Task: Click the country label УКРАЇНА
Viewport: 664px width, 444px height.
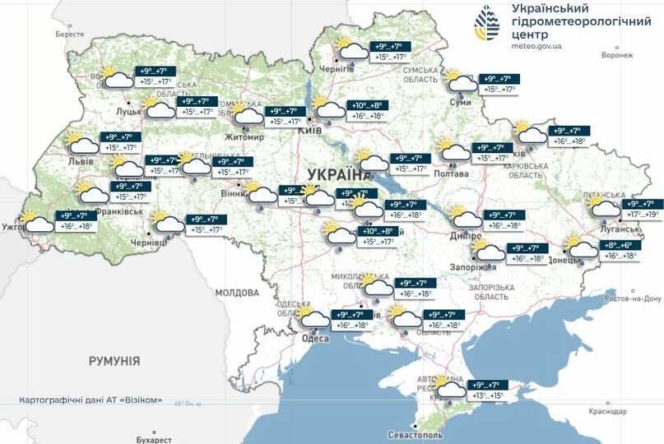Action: (338, 174)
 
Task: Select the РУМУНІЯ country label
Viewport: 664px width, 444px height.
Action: (114, 361)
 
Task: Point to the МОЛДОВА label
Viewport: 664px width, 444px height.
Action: (237, 293)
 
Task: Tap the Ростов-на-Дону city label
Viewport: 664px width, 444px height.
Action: (634, 300)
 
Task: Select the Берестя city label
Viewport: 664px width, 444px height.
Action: (70, 34)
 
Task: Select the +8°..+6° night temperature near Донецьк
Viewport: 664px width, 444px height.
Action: (619, 245)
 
